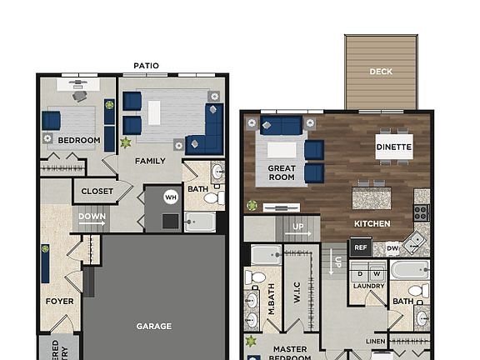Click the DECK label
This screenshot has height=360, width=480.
pos(381,72)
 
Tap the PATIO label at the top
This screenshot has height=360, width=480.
pos(147,66)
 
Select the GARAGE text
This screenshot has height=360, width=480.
pos(154,326)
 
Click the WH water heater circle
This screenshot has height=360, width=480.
pos(171,197)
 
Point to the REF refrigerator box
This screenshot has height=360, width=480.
pos(361,247)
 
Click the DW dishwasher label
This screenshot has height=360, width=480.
pos(392,247)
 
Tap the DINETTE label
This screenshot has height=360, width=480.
pos(393,147)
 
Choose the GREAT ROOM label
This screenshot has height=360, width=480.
pos(282,172)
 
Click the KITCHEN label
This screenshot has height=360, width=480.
pos(372,224)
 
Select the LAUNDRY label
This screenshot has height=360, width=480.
pos(367,287)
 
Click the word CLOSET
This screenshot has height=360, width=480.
pos(97,192)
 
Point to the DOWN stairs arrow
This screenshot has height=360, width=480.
pos(92,222)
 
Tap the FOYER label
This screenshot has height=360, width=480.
pos(60,301)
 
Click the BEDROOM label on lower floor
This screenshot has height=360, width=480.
pos(79,140)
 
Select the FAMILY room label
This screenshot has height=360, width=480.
pos(150,161)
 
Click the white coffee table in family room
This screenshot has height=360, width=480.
pos(155,112)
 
